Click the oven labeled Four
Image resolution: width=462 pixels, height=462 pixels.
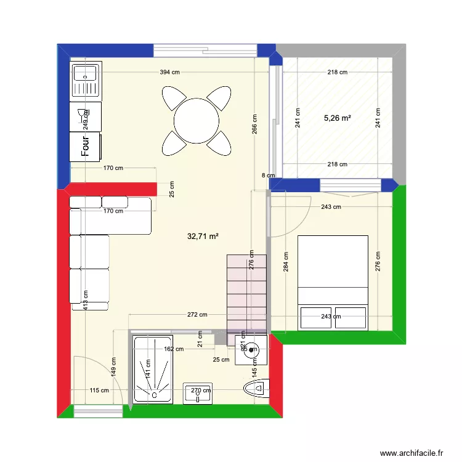click(x=86, y=147)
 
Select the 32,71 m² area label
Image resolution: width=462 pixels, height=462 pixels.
click(x=204, y=235)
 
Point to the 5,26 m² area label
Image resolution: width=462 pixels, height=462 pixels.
click(x=337, y=118)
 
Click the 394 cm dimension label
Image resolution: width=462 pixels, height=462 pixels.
click(x=170, y=72)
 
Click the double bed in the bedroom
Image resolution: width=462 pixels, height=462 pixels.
click(x=333, y=282)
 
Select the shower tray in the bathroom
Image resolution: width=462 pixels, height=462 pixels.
click(x=153, y=370)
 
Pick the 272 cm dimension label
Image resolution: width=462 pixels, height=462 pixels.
click(x=198, y=315)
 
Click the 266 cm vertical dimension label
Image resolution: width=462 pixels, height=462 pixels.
click(x=254, y=124)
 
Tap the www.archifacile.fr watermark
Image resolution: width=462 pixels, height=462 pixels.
click(x=411, y=453)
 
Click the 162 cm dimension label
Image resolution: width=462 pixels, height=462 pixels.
click(x=174, y=349)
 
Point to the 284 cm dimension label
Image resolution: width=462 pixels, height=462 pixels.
click(x=285, y=262)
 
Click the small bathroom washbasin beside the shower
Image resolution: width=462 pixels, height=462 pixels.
click(x=199, y=393)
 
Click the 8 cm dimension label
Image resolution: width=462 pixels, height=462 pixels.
click(x=268, y=176)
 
